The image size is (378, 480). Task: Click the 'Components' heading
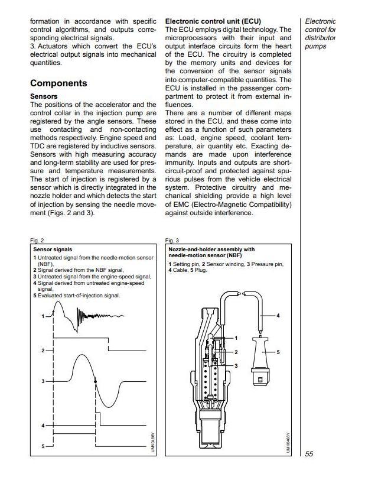pyautogui.click(x=58, y=83)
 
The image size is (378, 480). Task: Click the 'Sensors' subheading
pyautogui.click(x=44, y=96)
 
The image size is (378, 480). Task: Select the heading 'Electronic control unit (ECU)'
pyautogui.click(x=214, y=21)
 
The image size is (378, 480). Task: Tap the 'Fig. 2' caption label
pyautogui.click(x=37, y=241)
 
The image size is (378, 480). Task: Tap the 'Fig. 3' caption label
pyautogui.click(x=172, y=241)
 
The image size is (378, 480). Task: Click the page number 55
pyautogui.click(x=310, y=454)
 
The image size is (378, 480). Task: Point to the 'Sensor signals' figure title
pyautogui.click(x=53, y=250)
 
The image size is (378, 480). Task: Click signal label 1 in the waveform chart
pyautogui.click(x=43, y=317)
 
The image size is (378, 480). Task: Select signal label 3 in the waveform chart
pyautogui.click(x=43, y=382)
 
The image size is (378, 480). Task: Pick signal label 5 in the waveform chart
pyautogui.click(x=43, y=446)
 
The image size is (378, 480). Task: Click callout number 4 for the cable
pyautogui.click(x=278, y=316)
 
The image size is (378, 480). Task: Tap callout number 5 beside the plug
pyautogui.click(x=278, y=352)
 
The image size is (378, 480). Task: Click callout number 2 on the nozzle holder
pyautogui.click(x=236, y=352)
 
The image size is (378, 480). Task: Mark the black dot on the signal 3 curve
pyautogui.click(x=96, y=382)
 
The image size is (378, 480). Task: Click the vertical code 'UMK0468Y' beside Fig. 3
pyautogui.click(x=289, y=442)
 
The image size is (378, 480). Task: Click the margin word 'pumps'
pyautogui.click(x=315, y=46)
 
